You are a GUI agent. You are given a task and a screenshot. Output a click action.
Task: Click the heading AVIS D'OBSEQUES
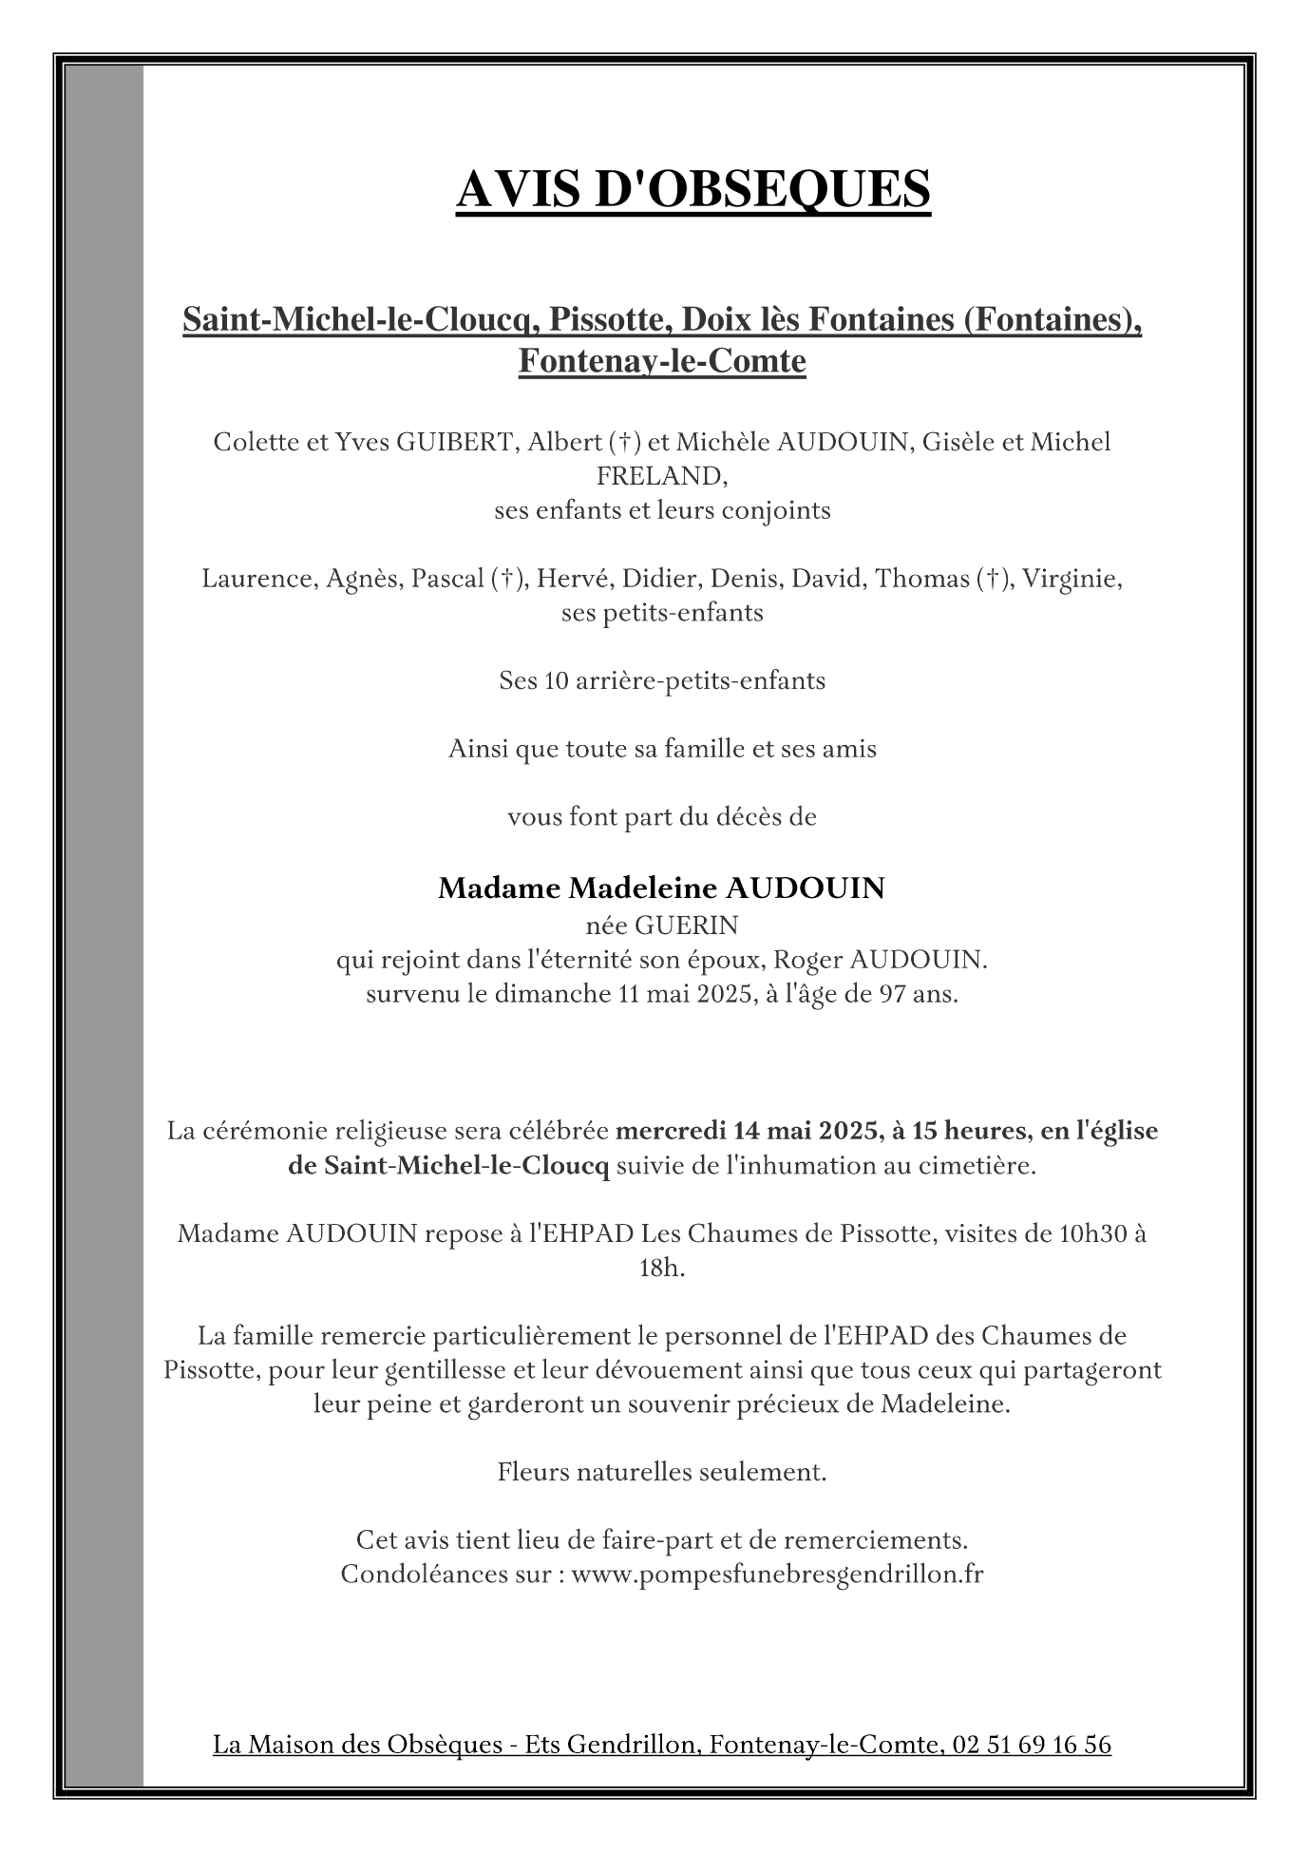tap(692, 188)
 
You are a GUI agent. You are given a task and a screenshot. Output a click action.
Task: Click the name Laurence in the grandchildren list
tap(256, 579)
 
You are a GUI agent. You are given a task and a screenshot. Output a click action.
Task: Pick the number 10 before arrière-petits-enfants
tap(556, 681)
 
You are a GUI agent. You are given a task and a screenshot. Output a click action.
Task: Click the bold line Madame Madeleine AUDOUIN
tap(661, 888)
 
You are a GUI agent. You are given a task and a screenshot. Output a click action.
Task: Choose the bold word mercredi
tap(671, 1132)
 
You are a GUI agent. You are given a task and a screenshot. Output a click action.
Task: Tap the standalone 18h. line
tap(661, 1269)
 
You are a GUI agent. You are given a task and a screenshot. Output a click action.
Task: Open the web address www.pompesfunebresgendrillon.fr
tap(777, 1575)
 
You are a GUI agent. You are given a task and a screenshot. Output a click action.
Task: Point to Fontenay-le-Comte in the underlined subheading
tap(661, 362)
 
